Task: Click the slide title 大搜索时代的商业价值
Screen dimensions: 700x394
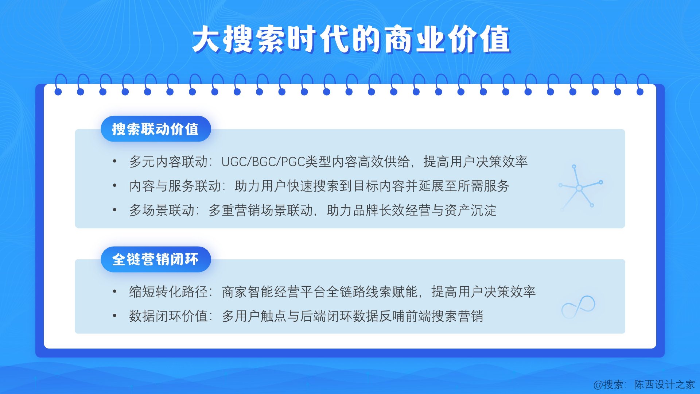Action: click(x=351, y=39)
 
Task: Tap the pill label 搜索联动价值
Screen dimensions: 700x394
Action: click(x=156, y=129)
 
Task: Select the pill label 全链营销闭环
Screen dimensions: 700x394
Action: click(x=156, y=259)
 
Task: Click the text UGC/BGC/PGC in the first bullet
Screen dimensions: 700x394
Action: click(x=263, y=162)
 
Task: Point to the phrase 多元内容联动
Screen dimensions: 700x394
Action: click(x=168, y=162)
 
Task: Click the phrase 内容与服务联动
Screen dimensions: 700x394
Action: click(x=175, y=186)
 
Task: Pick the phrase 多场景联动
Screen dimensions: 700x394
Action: click(x=162, y=210)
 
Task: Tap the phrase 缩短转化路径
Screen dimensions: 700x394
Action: click(x=168, y=292)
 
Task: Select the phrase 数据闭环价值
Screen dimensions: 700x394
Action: click(x=168, y=316)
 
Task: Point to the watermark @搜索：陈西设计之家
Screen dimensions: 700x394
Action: click(x=644, y=385)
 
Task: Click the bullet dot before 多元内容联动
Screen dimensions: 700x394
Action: click(x=114, y=161)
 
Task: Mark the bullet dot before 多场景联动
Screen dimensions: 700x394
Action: click(x=114, y=210)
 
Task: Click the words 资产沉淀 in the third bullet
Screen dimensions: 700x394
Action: click(x=470, y=210)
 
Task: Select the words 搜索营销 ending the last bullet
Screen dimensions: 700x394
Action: click(x=458, y=316)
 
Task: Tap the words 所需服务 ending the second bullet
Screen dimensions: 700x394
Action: click(x=483, y=186)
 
